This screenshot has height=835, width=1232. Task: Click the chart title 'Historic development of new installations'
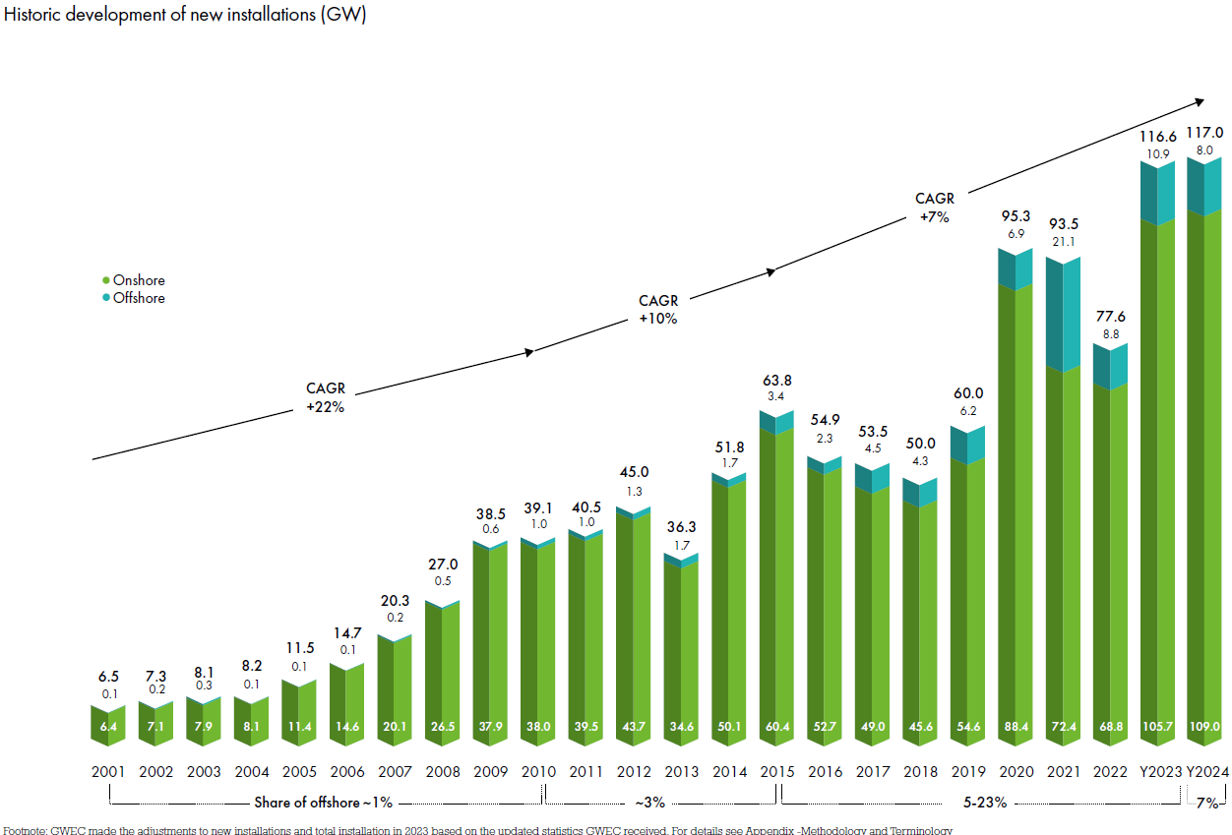(185, 16)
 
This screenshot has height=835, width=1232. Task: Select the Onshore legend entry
(138, 280)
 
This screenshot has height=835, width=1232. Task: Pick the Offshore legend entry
(138, 298)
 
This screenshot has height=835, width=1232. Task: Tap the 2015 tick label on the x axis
(776, 772)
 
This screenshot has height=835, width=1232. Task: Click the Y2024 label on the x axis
(1205, 772)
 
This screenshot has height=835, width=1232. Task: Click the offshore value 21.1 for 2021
(1063, 242)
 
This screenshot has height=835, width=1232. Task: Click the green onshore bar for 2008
(443, 669)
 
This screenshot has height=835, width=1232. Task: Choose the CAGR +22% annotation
(325, 398)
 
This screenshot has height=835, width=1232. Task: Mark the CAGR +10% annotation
(657, 310)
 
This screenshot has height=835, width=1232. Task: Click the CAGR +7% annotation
(934, 209)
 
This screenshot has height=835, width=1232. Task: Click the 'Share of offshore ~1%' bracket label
(323, 803)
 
